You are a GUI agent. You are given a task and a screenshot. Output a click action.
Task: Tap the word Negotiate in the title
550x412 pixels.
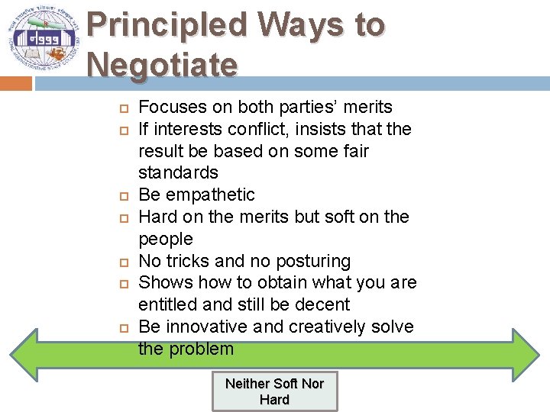click(162, 64)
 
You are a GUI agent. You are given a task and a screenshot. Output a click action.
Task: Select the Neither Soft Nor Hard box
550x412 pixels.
click(274, 391)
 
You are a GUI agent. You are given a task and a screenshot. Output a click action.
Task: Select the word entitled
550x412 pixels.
click(165, 304)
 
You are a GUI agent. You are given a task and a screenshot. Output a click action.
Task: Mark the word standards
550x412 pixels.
click(178, 173)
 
